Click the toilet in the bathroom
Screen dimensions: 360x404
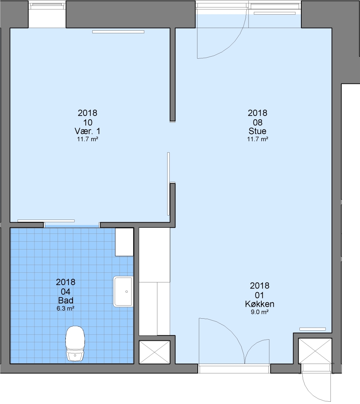(x=75, y=343)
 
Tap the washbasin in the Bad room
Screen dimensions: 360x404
(x=123, y=291)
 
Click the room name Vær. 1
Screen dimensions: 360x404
(x=87, y=131)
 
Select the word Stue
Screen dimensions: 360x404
(x=257, y=131)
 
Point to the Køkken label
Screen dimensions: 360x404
(x=259, y=304)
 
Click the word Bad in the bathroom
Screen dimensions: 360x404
(x=66, y=300)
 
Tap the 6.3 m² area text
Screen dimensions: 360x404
(x=65, y=308)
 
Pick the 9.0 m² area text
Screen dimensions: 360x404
(x=259, y=312)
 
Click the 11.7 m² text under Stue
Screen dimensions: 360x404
(x=258, y=139)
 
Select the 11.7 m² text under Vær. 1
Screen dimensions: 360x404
(x=87, y=139)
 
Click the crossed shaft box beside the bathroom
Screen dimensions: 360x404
(x=154, y=352)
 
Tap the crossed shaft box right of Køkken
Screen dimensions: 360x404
(x=315, y=351)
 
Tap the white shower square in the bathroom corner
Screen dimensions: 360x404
(x=124, y=242)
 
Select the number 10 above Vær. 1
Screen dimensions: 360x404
(x=87, y=122)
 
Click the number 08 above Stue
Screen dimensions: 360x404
(x=258, y=122)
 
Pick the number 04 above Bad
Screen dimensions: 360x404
(x=65, y=292)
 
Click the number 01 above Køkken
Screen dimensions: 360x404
(x=259, y=295)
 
